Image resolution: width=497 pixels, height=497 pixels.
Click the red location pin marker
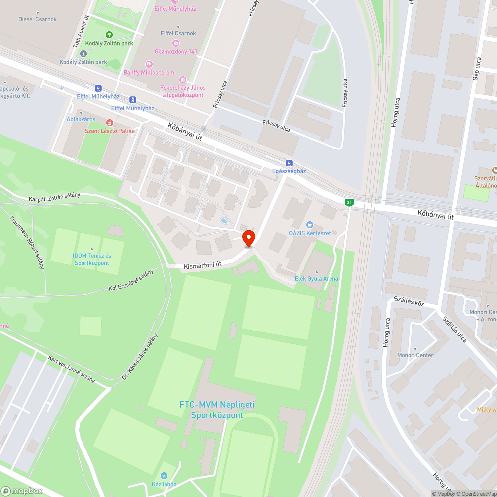pos(248,239)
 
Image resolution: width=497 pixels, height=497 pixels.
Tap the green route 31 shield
pos(349,202)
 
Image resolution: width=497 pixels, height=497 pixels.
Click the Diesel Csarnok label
pos(38,19)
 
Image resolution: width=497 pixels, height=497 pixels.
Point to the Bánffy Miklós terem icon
pos(149,64)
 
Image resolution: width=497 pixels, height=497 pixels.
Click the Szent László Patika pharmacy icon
pos(109,122)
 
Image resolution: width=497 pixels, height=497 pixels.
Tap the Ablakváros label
pos(81,119)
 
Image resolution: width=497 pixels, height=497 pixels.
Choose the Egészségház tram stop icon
pos(289,163)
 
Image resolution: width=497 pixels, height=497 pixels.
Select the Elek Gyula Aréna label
pos(316,279)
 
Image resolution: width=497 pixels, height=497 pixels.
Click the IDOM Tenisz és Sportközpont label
pos(92,259)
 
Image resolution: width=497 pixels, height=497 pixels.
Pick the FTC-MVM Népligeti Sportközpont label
pos(217,410)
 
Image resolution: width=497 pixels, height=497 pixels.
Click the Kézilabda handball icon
pos(165,476)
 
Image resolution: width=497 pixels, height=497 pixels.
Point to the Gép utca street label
pos(477,68)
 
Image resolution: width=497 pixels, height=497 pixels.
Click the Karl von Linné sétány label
pos(72,369)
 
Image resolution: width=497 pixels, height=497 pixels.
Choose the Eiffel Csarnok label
pos(178,33)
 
